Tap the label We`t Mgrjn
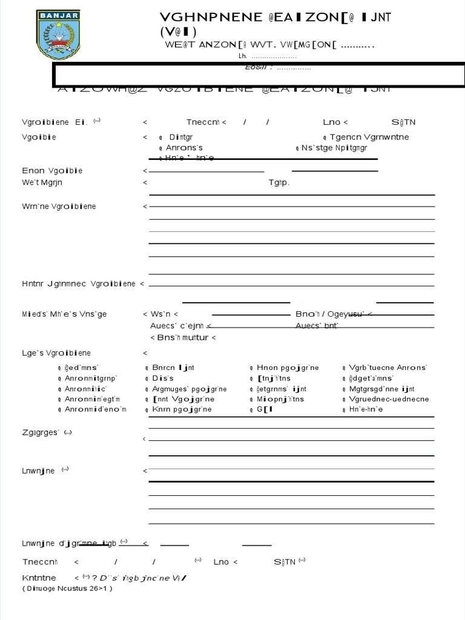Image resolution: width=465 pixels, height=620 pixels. coord(42,182)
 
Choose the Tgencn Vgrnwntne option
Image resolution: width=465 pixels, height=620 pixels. coord(369,137)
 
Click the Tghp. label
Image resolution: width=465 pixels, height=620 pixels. coord(279,182)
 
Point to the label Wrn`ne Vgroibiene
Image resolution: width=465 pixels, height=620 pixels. coord(59,206)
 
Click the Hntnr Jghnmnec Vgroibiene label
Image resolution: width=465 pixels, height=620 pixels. coord(79,284)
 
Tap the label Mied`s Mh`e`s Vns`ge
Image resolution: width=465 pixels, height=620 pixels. coord(64,314)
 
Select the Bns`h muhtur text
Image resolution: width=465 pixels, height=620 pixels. coord(183,337)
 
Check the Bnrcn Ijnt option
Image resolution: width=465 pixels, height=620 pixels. coord(173,368)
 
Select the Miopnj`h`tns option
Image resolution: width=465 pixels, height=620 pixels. coord(280,399)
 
